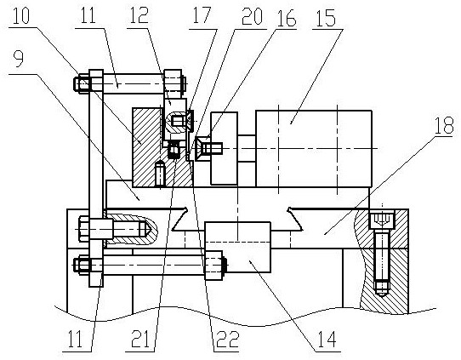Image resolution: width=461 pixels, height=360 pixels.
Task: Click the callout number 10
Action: coord(21,16)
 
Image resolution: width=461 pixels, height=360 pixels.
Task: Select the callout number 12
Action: coord(139,16)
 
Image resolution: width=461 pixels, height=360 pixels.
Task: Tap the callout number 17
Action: coord(202,15)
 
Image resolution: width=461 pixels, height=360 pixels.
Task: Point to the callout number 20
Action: coord(252,17)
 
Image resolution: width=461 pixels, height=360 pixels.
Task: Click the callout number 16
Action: coord(286,19)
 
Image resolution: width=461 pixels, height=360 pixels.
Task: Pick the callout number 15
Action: coord(327,18)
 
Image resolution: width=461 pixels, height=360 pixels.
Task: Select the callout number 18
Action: coord(444,125)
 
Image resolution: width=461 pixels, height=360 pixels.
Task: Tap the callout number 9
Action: coord(18,60)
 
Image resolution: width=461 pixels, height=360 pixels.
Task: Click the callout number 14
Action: coord(327,339)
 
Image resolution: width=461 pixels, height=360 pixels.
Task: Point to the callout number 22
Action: coord(227,339)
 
